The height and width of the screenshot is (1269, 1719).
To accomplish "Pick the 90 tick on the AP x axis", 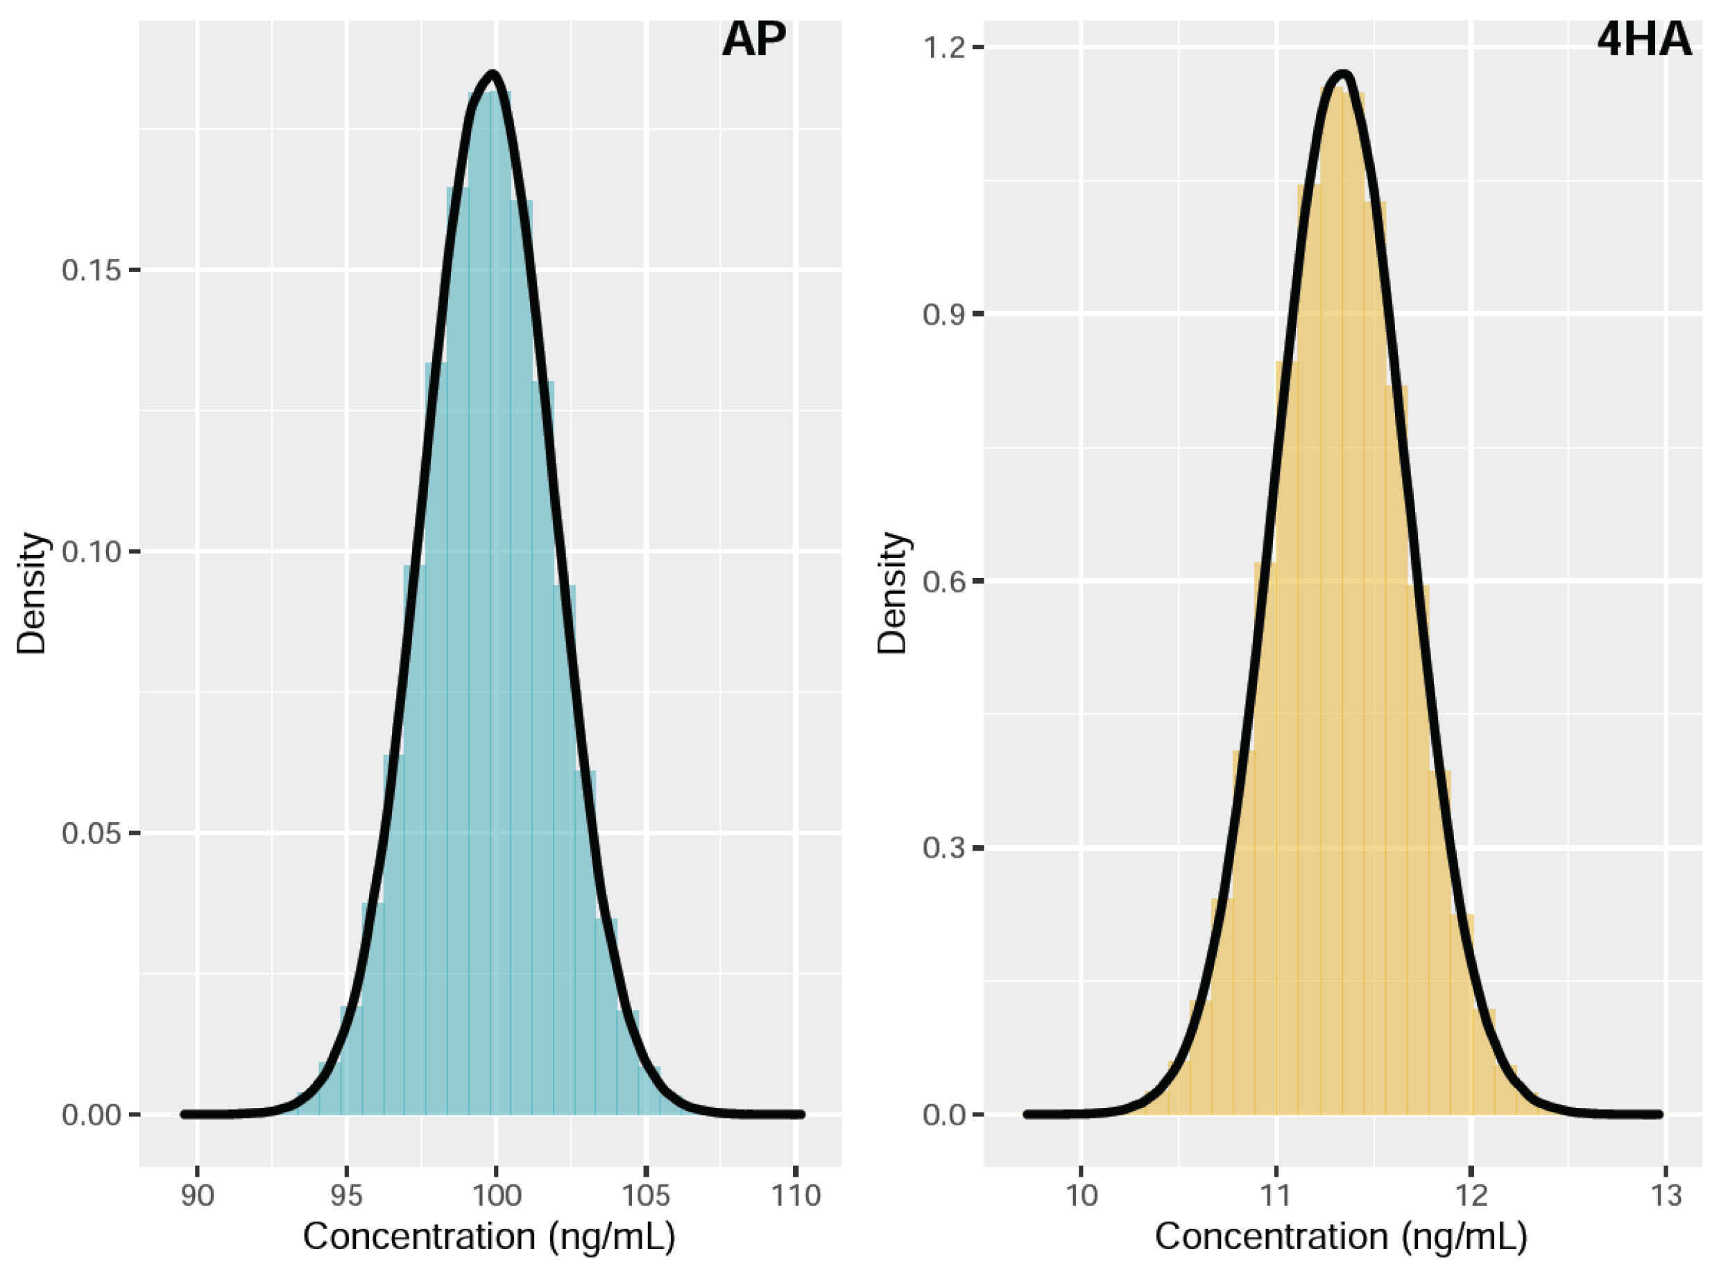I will [x=198, y=1196].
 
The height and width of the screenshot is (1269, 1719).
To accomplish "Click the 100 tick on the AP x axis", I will [x=496, y=1196].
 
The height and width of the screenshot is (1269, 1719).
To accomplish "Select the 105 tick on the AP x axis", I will [x=646, y=1196].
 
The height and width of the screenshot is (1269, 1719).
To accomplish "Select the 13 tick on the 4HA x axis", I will [x=1665, y=1196].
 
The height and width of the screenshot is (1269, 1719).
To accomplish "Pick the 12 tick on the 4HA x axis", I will [x=1470, y=1196].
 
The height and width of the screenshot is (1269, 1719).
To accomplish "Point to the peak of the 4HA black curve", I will [x=1342, y=74].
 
